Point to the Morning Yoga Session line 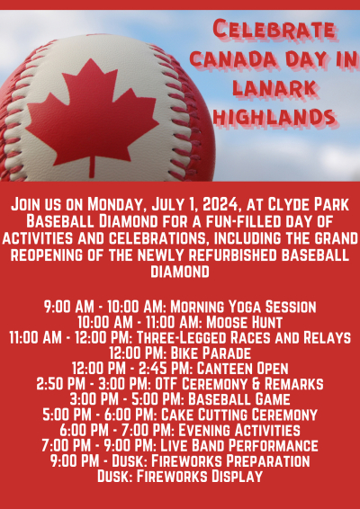tap(180, 307)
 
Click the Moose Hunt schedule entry tap(180, 322)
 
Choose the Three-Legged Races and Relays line tap(180, 337)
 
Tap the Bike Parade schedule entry tap(180, 353)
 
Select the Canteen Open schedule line tap(180, 368)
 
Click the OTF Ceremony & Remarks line tap(180, 383)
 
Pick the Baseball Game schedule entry tap(180, 398)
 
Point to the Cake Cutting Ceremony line tap(180, 415)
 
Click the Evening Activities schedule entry tap(180, 430)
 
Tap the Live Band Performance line tap(180, 445)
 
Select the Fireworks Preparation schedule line tap(180, 460)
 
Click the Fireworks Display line tap(180, 476)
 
